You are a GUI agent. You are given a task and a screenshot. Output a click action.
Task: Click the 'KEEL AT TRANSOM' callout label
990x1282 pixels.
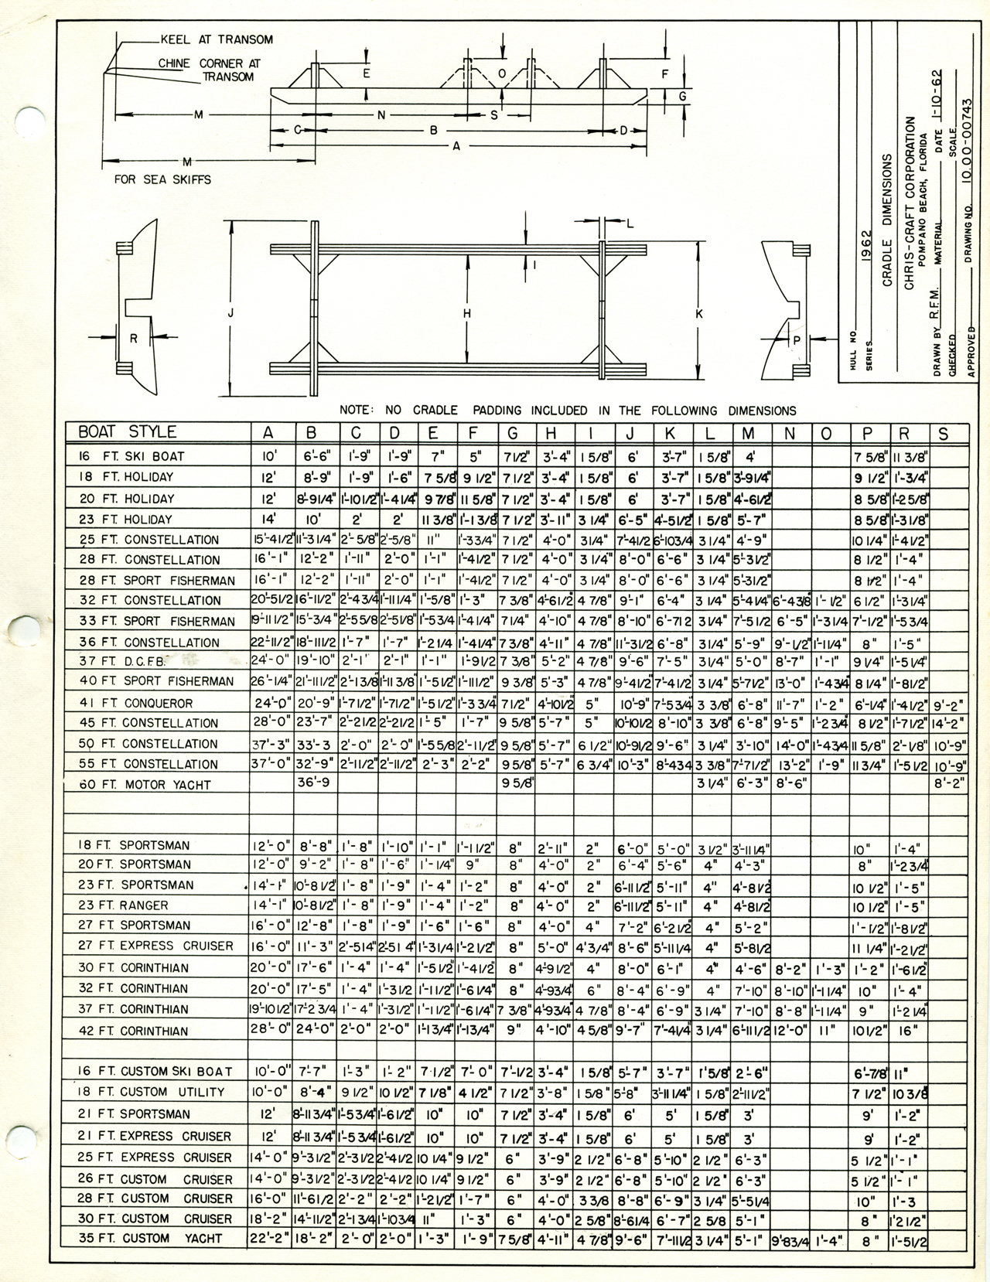(216, 39)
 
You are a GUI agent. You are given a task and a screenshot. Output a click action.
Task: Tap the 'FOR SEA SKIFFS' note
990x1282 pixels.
(162, 179)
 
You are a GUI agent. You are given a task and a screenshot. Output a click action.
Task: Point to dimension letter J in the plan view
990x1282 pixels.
(230, 313)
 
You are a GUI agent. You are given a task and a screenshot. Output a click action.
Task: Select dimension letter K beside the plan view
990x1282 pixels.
(698, 314)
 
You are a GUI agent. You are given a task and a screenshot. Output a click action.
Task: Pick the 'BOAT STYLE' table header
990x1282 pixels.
(127, 431)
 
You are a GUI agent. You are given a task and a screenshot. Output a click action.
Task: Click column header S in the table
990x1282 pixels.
(942, 433)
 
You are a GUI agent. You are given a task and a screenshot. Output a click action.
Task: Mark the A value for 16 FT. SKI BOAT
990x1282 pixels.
(268, 456)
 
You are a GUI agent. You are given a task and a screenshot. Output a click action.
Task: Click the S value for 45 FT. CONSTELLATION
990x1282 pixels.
(949, 724)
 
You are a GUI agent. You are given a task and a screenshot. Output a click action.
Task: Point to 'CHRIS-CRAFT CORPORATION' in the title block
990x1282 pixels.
(910, 203)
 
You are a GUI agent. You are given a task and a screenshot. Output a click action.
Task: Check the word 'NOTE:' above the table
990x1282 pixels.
(357, 410)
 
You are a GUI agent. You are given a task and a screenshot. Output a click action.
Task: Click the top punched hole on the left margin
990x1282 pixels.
(31, 121)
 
